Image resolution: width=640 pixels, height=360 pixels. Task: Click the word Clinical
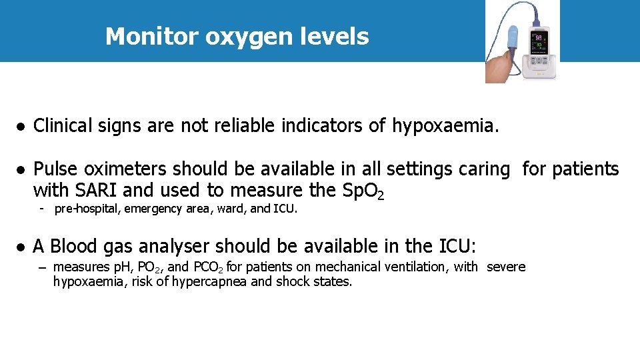coord(64,125)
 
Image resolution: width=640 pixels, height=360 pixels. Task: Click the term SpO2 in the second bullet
coord(363,191)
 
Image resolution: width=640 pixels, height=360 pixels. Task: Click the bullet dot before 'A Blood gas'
coord(21,247)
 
